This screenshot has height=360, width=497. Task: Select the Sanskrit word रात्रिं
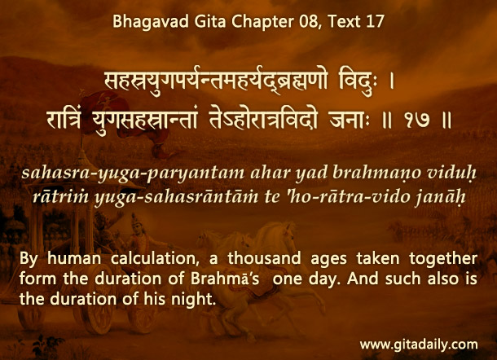coord(64,118)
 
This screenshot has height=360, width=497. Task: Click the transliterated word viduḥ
coord(451,173)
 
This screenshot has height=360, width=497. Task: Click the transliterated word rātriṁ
coord(60,196)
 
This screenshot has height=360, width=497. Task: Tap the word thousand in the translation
coord(264,258)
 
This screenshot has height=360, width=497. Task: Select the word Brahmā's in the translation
coord(225,279)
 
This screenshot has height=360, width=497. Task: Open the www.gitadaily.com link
coord(419,345)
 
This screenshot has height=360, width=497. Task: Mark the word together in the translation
coord(443,259)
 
